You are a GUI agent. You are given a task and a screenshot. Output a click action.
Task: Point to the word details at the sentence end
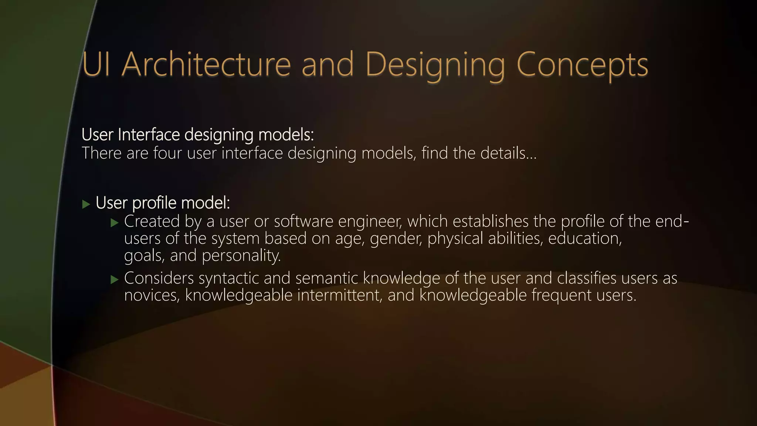508,153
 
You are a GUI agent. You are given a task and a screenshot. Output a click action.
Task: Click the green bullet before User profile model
86,204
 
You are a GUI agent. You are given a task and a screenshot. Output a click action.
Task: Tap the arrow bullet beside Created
115,223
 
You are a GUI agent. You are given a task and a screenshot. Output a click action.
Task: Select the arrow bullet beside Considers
115,280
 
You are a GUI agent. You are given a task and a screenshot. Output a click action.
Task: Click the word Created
152,221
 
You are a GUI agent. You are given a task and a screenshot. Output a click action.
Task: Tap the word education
585,238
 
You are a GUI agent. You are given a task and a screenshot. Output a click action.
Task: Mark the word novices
152,295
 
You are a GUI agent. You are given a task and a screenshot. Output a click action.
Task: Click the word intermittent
340,295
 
